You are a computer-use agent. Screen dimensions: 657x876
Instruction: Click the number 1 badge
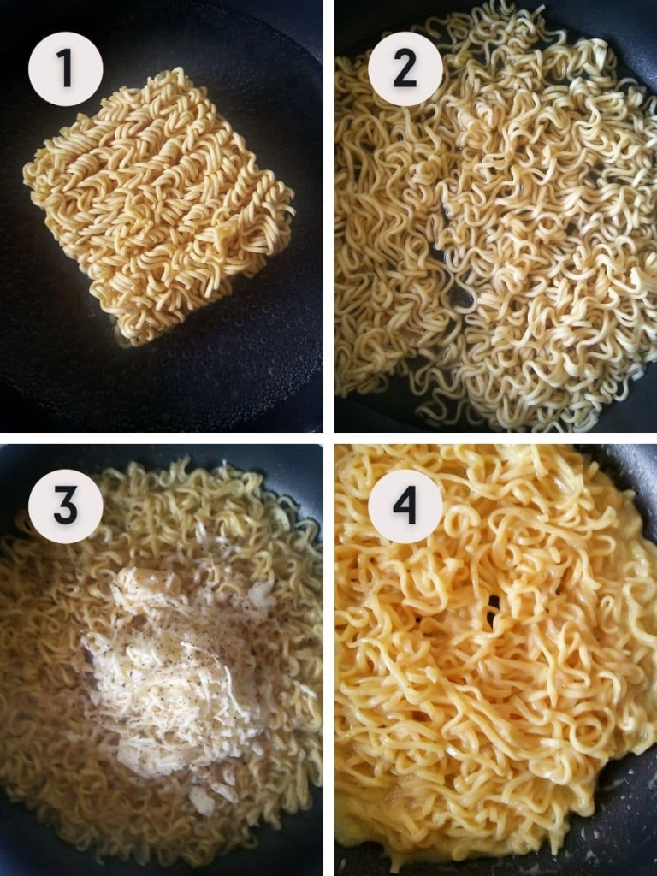pos(65,68)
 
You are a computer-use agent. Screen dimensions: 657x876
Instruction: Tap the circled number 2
pos(405,68)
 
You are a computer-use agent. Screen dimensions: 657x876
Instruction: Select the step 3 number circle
pos(65,506)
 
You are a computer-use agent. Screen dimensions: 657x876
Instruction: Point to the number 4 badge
pos(405,506)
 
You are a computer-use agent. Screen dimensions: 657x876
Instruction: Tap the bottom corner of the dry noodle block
pos(131,342)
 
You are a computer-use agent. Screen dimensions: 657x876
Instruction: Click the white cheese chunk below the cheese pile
pos(202,800)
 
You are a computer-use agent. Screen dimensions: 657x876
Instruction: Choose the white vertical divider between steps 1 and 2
pos(329,216)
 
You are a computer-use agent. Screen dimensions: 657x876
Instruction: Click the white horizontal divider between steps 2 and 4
pos(496,438)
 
